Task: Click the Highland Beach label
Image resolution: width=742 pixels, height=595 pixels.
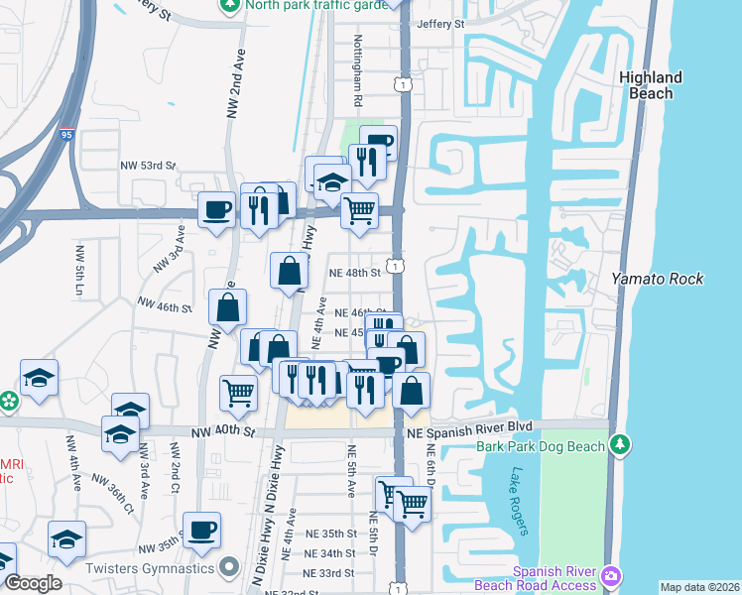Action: [650, 85]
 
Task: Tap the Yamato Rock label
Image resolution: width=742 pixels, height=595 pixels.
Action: [657, 279]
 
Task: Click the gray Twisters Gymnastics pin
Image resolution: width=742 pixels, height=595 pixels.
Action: [230, 567]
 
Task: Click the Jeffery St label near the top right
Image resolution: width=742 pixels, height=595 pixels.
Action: [441, 24]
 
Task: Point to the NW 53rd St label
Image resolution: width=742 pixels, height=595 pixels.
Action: [147, 166]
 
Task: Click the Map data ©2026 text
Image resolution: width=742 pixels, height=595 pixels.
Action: [698, 587]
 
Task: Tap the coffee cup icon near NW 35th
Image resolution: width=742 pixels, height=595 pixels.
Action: [202, 530]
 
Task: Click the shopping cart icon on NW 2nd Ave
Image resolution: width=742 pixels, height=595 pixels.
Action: [238, 393]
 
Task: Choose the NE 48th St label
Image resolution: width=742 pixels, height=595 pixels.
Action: [356, 273]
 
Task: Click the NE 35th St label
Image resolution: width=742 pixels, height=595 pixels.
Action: [329, 534]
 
